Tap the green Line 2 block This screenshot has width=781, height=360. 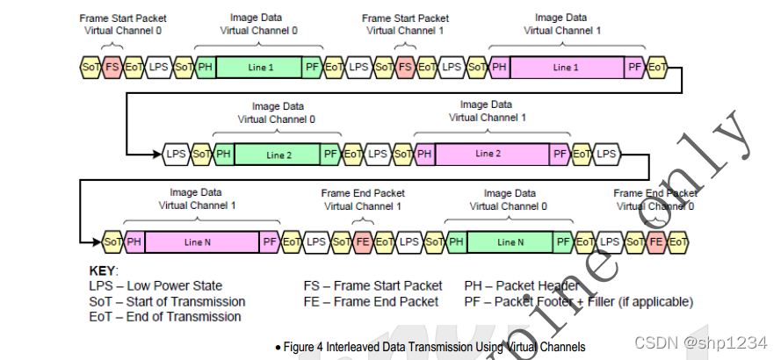click(x=278, y=154)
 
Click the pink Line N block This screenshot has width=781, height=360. click(x=203, y=241)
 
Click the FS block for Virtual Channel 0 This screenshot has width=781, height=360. click(x=112, y=67)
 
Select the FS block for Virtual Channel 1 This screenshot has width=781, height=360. click(x=405, y=67)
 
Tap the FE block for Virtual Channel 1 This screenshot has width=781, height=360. click(x=363, y=241)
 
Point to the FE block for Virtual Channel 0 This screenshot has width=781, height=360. click(x=655, y=241)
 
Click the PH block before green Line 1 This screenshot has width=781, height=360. click(x=205, y=67)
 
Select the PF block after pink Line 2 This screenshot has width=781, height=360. click(x=560, y=154)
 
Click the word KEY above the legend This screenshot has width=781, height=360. click(x=104, y=271)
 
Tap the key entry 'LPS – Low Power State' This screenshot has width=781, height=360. click(x=155, y=286)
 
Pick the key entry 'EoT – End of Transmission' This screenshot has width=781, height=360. click(x=167, y=316)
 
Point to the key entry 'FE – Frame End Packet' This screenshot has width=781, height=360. click(x=371, y=301)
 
